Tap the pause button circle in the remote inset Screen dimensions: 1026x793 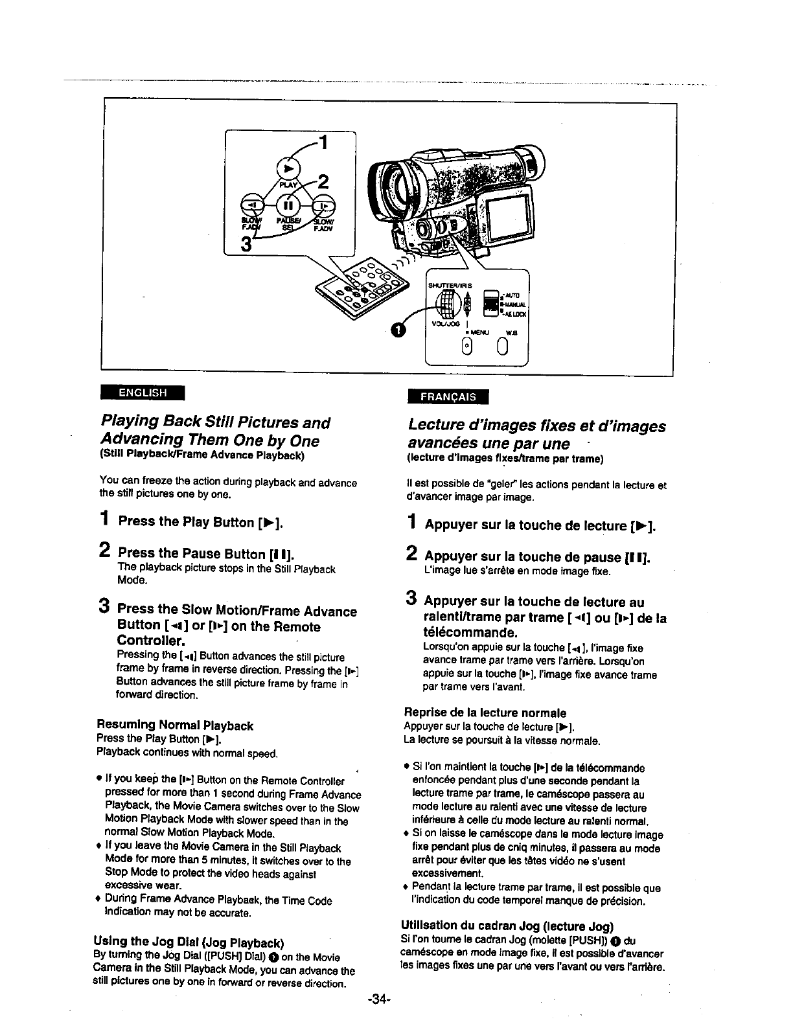pos(288,205)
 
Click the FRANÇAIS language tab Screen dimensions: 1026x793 pos(448,396)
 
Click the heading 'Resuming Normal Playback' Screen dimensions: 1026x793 pos(174,725)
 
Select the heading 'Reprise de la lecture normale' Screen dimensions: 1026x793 pos(485,712)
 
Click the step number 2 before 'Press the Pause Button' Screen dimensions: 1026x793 pos(104,551)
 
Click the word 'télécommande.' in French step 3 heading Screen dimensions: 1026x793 pos(461,632)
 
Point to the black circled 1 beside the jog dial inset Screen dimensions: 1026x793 pos(398,331)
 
